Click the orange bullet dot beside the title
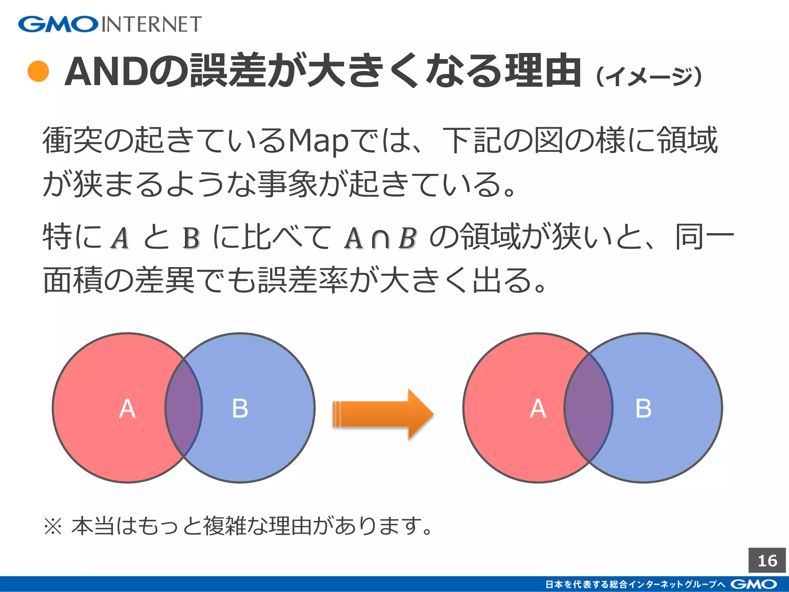point(39,71)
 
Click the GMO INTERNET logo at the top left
point(110,24)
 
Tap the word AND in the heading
point(107,72)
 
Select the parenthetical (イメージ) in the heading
point(649,76)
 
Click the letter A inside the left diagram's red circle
point(127,409)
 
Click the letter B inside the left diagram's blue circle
point(240,409)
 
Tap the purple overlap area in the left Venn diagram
point(184,408)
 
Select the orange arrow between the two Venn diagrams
point(383,414)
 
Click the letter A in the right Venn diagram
point(538,409)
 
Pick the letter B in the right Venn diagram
point(643,409)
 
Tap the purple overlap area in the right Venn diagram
point(588,408)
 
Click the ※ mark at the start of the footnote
point(53,526)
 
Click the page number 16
point(767,561)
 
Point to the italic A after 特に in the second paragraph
point(120,238)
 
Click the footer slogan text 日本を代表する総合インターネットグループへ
point(636,584)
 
